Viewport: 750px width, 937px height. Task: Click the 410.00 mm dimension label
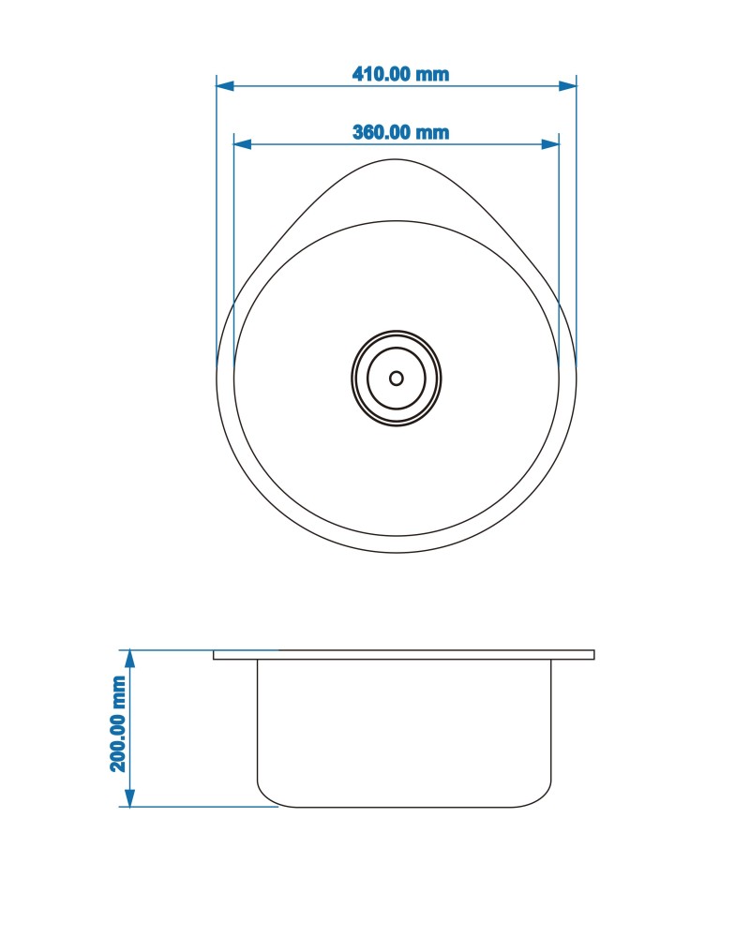tap(400, 74)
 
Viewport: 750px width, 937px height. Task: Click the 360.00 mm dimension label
tap(400, 132)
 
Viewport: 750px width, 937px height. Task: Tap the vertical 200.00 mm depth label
tap(118, 724)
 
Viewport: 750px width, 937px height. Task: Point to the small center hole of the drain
tap(396, 379)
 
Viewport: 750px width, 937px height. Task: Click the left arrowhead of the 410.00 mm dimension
tap(225, 86)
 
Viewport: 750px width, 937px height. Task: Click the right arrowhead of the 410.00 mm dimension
tap(567, 86)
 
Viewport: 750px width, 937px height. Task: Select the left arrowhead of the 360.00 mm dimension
tap(242, 144)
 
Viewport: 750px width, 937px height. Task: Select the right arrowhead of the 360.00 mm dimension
tap(550, 144)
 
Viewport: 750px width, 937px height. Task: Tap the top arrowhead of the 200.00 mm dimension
tap(129, 659)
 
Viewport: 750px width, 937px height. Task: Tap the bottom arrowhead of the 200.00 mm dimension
tap(129, 797)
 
